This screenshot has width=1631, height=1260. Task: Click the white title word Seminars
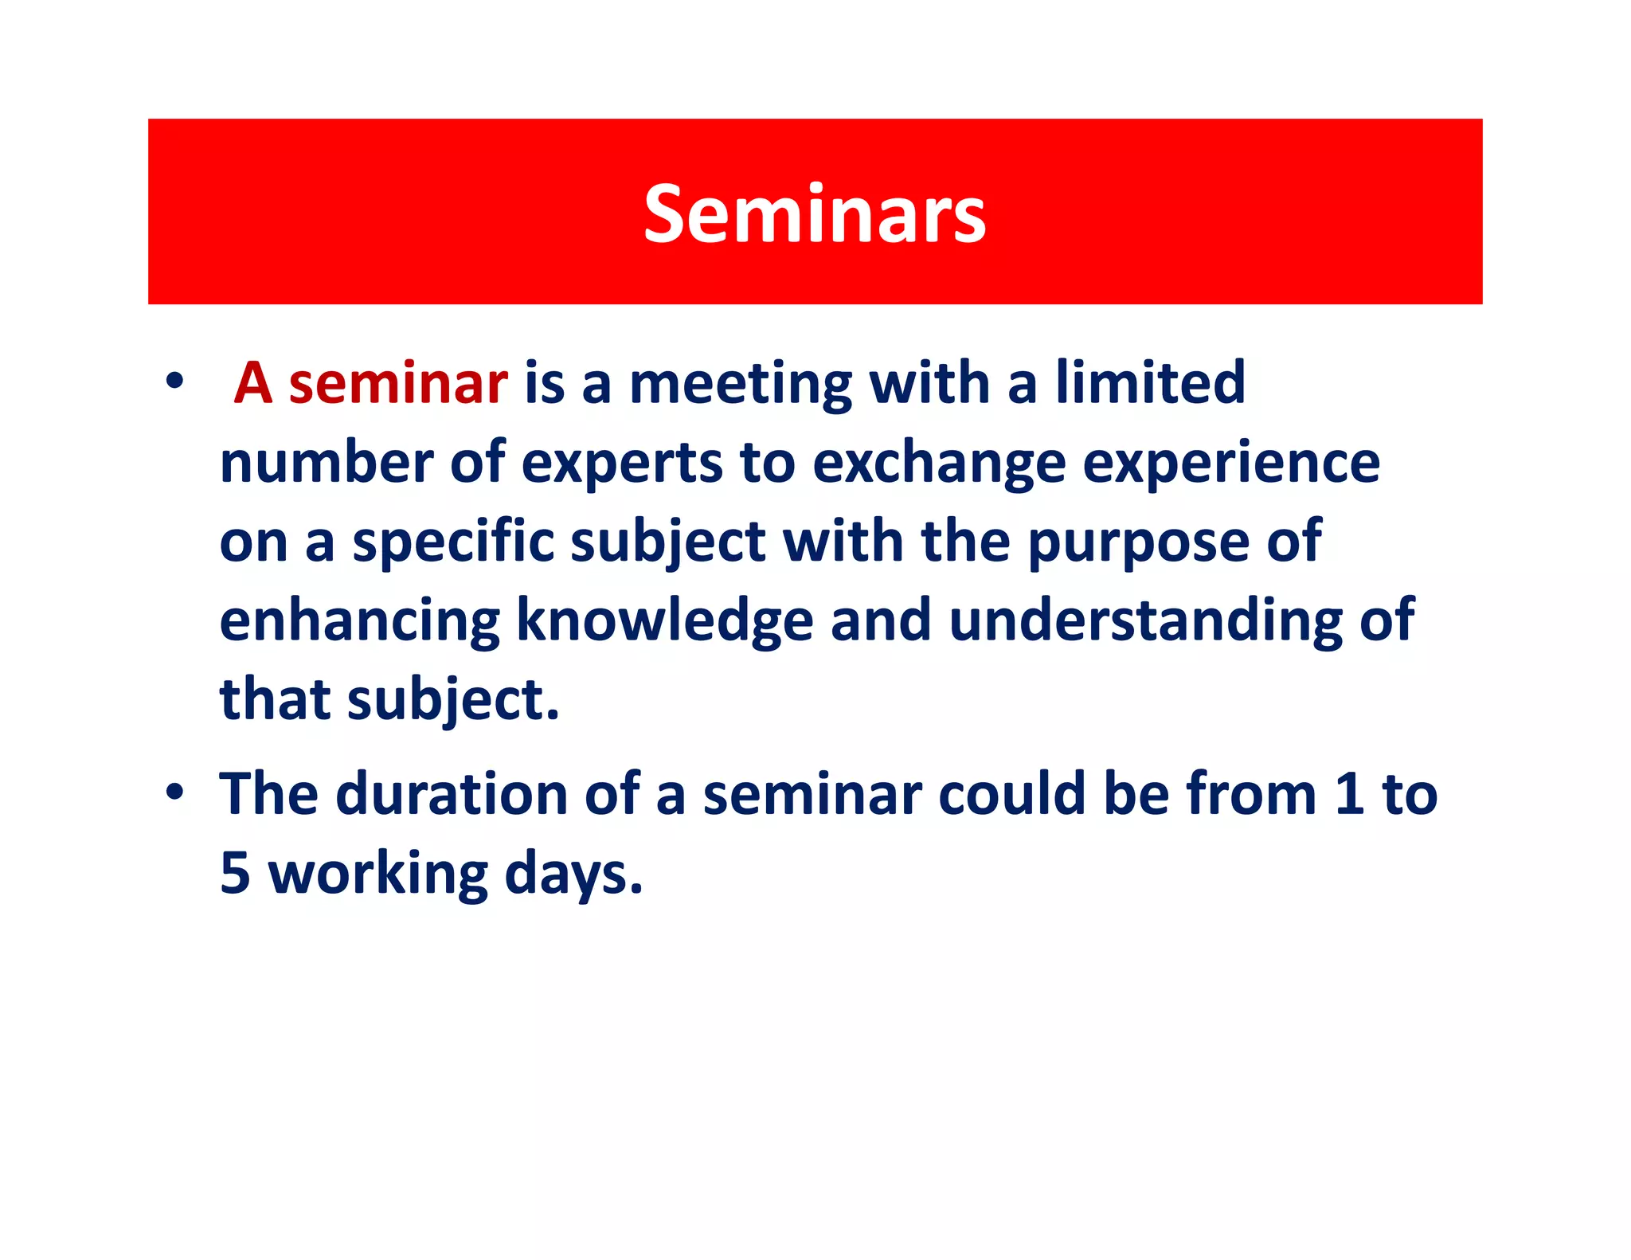click(815, 213)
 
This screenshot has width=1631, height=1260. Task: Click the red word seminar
click(397, 384)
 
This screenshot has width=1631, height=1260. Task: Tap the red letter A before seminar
click(253, 384)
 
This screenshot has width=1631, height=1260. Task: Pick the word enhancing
click(360, 622)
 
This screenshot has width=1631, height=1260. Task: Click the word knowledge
click(665, 622)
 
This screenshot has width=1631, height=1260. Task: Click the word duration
click(452, 794)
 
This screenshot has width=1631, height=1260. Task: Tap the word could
click(1012, 794)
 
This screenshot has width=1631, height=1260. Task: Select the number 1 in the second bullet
click(1349, 794)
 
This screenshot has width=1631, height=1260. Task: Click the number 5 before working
click(235, 874)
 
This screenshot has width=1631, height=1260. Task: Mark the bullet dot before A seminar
click(175, 382)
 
